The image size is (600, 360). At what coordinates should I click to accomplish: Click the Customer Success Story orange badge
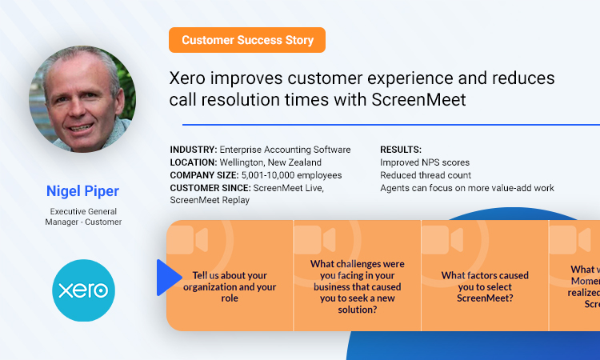[x=247, y=40]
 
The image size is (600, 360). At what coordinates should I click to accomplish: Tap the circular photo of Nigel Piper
[x=82, y=100]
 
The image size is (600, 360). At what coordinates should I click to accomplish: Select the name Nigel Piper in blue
[x=82, y=190]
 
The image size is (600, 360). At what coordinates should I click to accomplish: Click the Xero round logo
[x=83, y=290]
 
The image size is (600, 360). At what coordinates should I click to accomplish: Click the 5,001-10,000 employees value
[x=292, y=175]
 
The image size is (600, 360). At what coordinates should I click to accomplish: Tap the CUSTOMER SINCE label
[x=210, y=188]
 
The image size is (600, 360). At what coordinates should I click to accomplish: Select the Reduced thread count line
[x=426, y=175]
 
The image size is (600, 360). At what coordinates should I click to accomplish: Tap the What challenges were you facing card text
[x=357, y=286]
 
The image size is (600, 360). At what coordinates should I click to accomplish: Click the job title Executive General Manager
[x=82, y=216]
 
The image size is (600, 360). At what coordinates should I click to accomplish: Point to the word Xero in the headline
[x=190, y=79]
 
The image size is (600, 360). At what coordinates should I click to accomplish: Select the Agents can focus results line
[x=467, y=188]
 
